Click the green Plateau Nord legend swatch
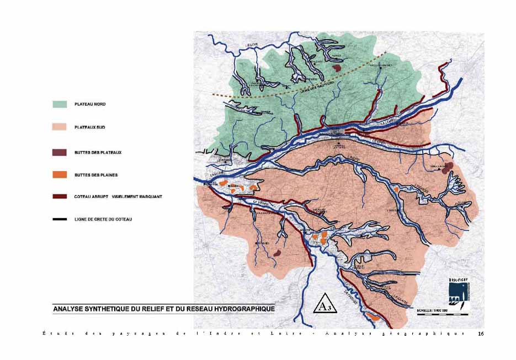60,104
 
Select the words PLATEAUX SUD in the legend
89,128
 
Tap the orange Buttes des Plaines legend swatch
60,175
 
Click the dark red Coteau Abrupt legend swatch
60,196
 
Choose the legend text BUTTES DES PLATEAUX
98,152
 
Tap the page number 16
480,333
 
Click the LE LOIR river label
252,45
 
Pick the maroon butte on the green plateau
337,68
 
